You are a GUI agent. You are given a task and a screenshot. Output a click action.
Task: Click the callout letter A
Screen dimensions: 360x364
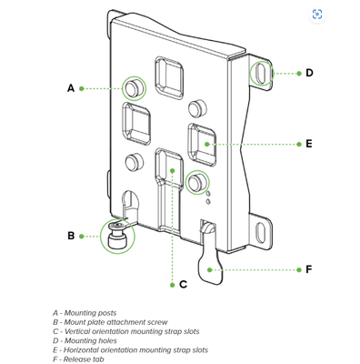[71, 88]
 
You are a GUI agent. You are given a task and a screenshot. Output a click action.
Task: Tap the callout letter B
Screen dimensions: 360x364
[71, 236]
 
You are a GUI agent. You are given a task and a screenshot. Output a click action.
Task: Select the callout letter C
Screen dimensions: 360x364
[183, 285]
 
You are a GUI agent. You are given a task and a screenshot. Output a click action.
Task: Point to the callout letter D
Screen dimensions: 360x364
[309, 73]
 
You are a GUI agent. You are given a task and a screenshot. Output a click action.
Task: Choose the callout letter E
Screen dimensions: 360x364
[309, 144]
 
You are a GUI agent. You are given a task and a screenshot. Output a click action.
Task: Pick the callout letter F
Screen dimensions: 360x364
[309, 269]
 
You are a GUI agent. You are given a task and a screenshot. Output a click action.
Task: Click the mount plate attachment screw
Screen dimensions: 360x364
[117, 236]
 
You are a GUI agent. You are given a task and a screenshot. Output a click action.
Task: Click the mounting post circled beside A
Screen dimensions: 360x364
[135, 88]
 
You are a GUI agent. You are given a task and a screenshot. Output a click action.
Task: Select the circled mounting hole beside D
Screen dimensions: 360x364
[261, 73]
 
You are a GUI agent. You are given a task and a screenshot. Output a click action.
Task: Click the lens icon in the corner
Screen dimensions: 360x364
[317, 15]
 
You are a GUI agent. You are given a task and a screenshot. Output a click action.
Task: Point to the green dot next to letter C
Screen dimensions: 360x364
[173, 285]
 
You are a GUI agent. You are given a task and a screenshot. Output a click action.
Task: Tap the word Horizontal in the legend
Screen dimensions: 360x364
[81, 350]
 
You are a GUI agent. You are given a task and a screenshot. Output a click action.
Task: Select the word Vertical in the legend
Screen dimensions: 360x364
[77, 331]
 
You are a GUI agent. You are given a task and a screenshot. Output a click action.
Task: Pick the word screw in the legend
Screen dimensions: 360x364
[157, 322]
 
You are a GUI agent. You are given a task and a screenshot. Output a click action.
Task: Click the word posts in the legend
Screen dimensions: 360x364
[107, 313]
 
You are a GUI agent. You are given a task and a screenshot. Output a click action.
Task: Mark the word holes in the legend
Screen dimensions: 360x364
[107, 341]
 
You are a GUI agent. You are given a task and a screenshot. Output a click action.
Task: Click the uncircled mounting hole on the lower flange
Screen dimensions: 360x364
[261, 233]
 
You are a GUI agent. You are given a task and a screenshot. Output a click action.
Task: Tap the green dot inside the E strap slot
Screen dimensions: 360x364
[207, 144]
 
